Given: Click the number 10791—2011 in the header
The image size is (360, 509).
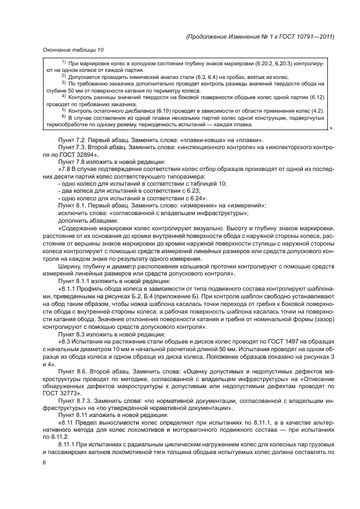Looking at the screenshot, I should (312, 36).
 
